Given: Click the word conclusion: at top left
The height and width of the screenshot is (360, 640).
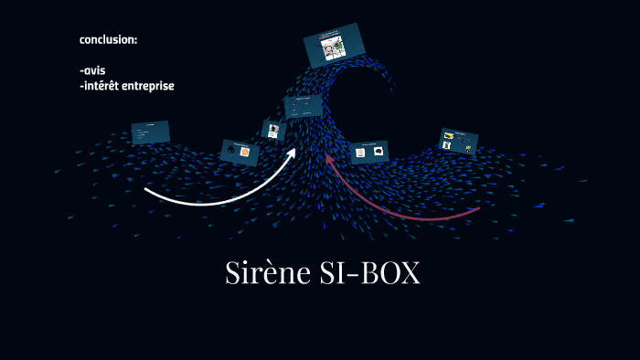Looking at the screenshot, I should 108,39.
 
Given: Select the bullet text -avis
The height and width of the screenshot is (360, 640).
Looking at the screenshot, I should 93,70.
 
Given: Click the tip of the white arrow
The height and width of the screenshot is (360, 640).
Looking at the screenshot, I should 294,150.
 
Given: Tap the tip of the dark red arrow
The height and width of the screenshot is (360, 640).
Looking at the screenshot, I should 327,156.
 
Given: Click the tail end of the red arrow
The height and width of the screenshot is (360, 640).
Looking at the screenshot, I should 479,209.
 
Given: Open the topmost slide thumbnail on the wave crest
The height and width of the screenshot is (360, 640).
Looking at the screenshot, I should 334,45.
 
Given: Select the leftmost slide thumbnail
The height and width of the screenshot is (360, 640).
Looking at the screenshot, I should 151,132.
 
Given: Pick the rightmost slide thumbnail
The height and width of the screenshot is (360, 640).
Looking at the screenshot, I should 459,141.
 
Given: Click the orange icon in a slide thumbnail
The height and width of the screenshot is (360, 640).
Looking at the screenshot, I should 245,152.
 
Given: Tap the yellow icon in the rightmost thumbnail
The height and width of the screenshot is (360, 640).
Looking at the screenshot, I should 449,137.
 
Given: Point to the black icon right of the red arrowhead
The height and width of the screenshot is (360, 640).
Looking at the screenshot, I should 378,152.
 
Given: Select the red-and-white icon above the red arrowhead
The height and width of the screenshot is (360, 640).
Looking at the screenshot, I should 361,153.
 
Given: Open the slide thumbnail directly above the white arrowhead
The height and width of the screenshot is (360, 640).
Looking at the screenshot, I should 303,107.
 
